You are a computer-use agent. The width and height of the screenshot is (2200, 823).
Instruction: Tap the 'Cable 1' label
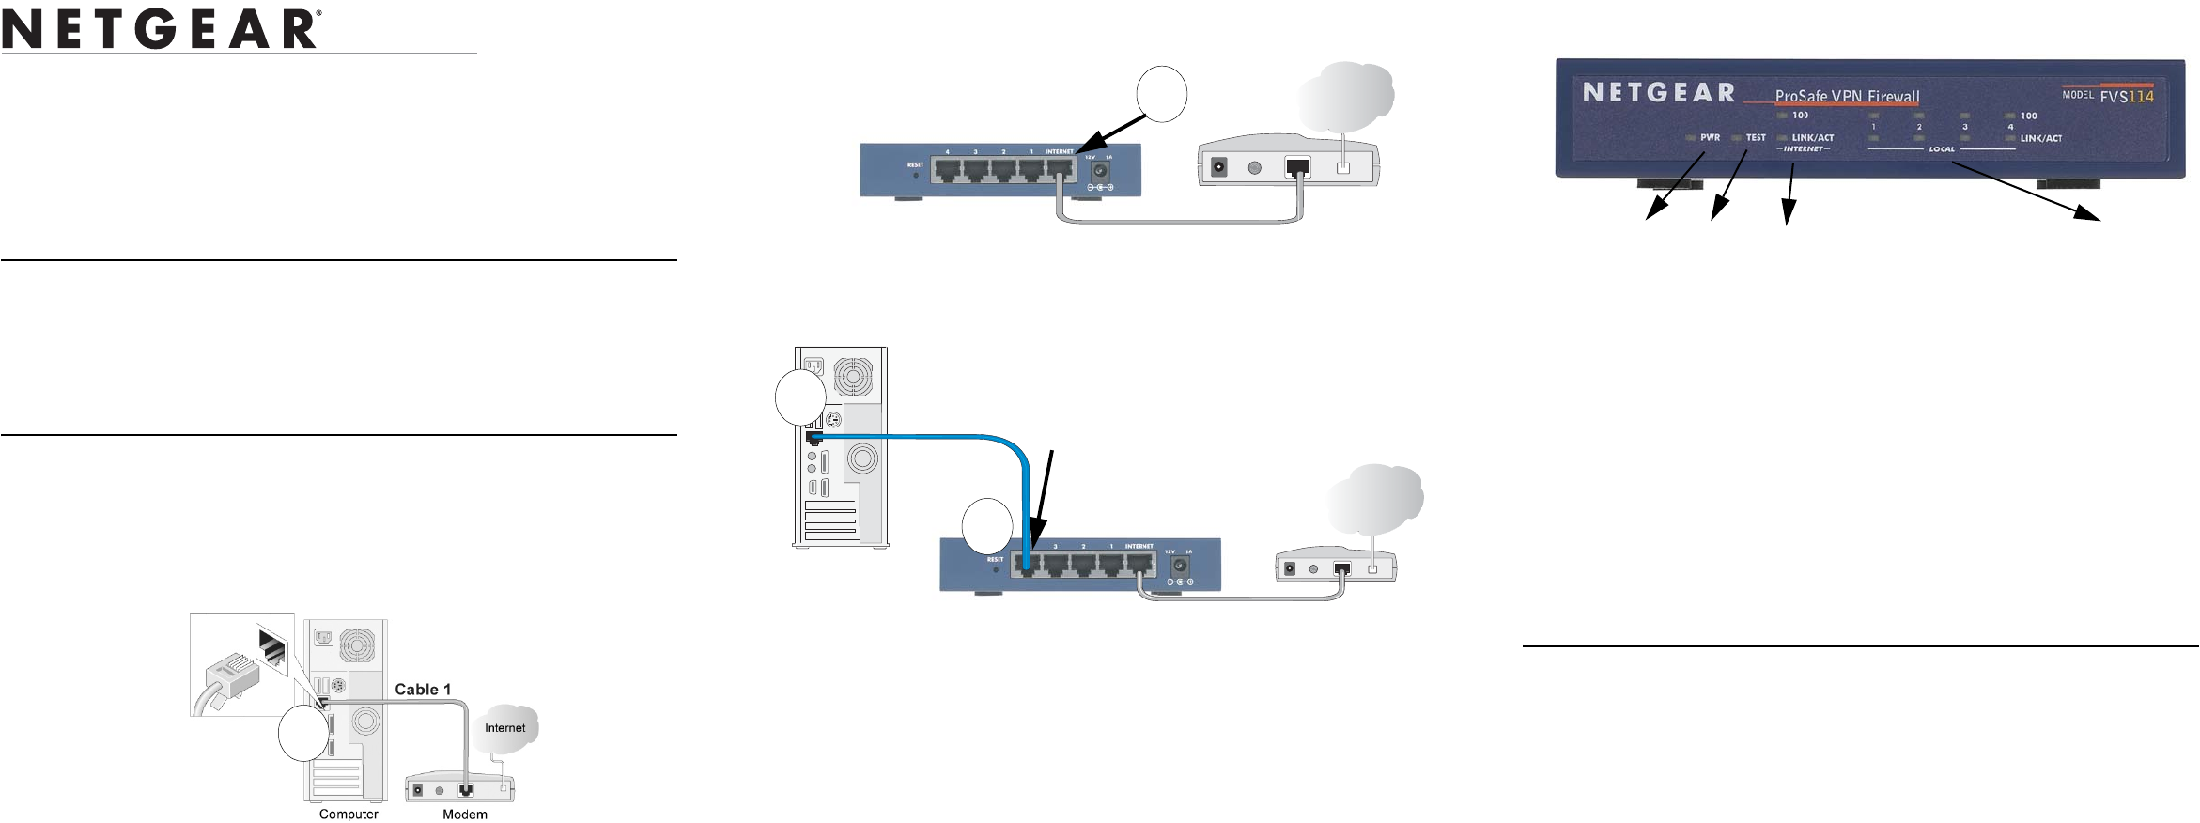tap(423, 690)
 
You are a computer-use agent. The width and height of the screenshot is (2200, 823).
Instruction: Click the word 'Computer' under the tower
tap(349, 815)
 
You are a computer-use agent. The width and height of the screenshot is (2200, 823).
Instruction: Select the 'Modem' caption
tap(465, 815)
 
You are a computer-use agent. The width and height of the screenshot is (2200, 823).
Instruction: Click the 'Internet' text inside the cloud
tap(505, 728)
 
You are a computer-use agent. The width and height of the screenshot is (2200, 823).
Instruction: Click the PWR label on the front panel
tap(1710, 138)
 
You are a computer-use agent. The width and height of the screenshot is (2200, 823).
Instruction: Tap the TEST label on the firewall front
tap(1756, 138)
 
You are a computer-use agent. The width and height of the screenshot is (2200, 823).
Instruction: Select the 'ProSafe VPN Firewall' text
tap(1847, 96)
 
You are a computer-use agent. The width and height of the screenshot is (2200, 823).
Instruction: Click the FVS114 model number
tap(2127, 96)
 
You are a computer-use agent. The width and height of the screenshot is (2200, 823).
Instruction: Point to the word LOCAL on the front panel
tap(1942, 149)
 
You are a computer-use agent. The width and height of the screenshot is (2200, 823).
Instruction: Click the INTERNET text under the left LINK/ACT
tap(1803, 149)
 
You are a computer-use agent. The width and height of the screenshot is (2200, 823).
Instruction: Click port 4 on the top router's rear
tap(947, 170)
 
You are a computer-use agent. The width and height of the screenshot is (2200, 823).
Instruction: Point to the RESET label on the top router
tap(915, 164)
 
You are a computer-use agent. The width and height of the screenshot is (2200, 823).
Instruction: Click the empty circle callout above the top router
tap(1161, 94)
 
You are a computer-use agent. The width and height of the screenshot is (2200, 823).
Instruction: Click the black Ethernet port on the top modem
tap(1297, 167)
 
